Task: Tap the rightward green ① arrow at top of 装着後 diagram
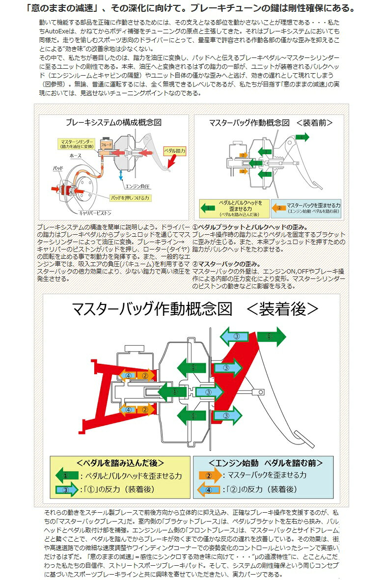click(270, 336)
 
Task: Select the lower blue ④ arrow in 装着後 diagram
click(127, 409)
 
